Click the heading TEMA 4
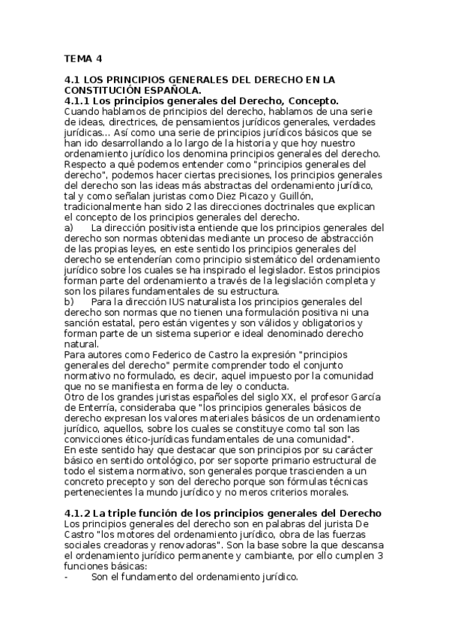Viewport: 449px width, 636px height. click(x=83, y=58)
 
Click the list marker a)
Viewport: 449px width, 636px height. click(x=69, y=227)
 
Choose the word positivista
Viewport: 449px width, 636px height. click(x=166, y=227)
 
